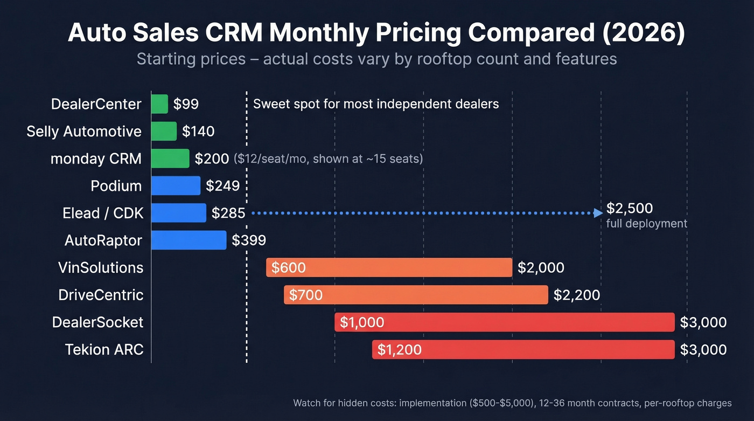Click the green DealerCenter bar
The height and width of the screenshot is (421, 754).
[x=159, y=104]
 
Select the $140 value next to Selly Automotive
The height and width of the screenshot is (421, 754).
[x=198, y=132]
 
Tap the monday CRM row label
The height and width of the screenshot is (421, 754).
[x=96, y=159]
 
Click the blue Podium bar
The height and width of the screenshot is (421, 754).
[x=176, y=186]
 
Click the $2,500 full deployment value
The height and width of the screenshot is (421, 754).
[x=629, y=209]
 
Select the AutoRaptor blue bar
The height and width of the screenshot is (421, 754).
[x=188, y=240]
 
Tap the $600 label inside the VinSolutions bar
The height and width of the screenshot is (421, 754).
[x=288, y=268]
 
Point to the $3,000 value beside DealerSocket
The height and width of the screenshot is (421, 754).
[x=703, y=322]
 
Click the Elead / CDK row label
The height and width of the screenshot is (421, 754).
[x=103, y=213]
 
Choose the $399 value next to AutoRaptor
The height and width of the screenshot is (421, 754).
[x=249, y=240]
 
